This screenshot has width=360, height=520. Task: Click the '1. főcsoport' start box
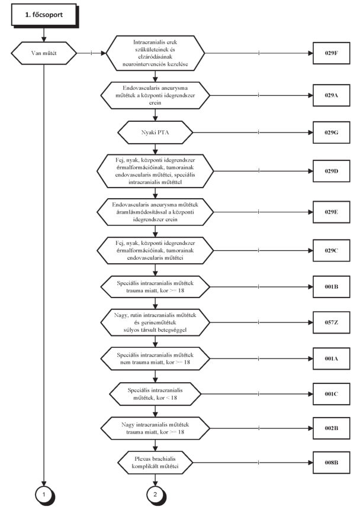(x=44, y=15)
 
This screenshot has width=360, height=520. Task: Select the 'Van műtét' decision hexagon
(x=44, y=53)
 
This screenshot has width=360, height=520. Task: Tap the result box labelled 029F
(x=331, y=53)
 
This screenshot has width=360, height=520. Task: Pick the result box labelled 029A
(x=331, y=95)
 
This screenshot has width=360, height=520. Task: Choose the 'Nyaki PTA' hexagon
(x=155, y=133)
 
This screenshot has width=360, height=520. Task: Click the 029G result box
(x=331, y=133)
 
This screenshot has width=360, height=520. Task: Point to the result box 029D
(x=331, y=171)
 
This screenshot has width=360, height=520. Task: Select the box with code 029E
(x=331, y=212)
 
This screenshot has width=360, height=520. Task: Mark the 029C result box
(x=331, y=250)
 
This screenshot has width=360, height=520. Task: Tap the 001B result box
(x=331, y=286)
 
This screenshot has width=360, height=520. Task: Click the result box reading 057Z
(x=331, y=322)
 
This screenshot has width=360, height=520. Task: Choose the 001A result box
(x=331, y=358)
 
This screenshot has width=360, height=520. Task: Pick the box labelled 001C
(x=331, y=394)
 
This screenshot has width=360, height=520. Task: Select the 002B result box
(x=331, y=428)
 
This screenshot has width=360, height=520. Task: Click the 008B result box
(x=331, y=462)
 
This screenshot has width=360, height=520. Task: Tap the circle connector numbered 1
(x=44, y=495)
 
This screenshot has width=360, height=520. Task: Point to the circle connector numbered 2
(x=155, y=495)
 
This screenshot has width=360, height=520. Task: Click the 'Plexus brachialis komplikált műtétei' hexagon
(x=155, y=462)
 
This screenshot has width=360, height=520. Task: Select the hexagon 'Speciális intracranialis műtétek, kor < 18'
(x=155, y=394)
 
